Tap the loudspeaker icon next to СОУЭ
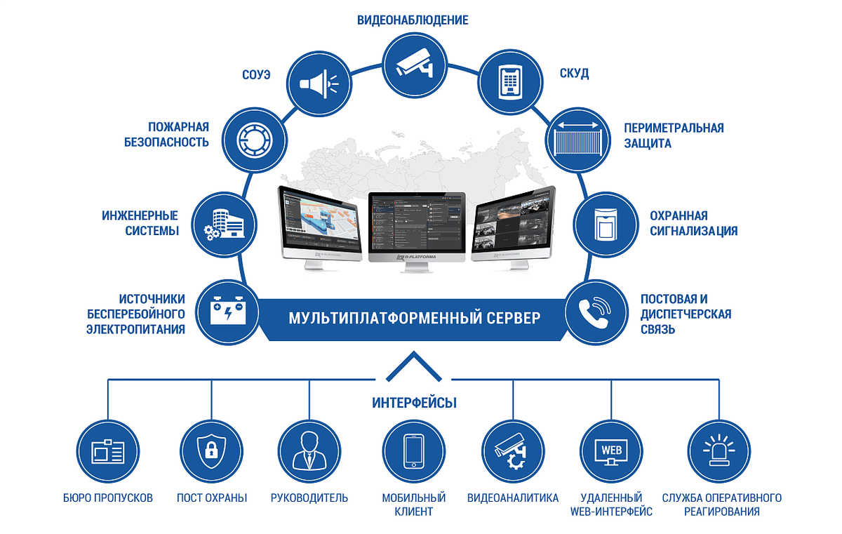pos(319,84)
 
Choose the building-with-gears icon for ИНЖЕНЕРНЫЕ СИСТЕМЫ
pos(222,222)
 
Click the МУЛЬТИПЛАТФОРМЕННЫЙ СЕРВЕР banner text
pos(415,319)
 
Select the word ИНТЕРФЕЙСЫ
pos(414,403)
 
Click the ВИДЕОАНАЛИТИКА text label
pos(513,498)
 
